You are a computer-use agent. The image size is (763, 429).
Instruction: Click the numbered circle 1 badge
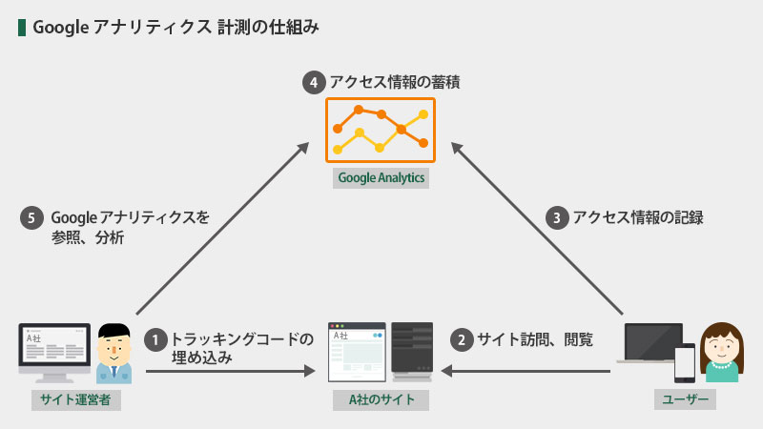pyautogui.click(x=155, y=340)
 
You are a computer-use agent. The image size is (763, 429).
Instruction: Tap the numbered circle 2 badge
pyautogui.click(x=462, y=340)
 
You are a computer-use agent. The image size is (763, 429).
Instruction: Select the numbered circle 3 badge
pyautogui.click(x=557, y=218)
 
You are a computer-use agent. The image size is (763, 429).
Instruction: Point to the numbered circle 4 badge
pyautogui.click(x=314, y=83)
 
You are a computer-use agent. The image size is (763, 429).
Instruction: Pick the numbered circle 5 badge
pyautogui.click(x=31, y=218)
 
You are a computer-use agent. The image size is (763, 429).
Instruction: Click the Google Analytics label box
pyautogui.click(x=381, y=178)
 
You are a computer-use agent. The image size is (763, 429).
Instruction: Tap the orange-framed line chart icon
pyautogui.click(x=381, y=130)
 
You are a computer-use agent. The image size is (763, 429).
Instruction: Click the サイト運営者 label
pyautogui.click(x=76, y=399)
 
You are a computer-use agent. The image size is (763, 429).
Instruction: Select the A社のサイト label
pyautogui.click(x=381, y=399)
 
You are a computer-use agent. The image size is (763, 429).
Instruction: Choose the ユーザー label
pyautogui.click(x=685, y=399)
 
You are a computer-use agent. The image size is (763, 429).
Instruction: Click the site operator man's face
pyautogui.click(x=113, y=349)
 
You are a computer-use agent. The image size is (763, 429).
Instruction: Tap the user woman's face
pyautogui.click(x=722, y=348)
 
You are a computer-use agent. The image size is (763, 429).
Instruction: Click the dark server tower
pyautogui.click(x=412, y=351)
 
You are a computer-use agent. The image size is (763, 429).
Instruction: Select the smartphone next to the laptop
pyautogui.click(x=685, y=363)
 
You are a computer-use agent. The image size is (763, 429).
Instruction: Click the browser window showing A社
pyautogui.click(x=357, y=352)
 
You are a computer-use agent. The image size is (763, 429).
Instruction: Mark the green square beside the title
pyautogui.click(x=22, y=28)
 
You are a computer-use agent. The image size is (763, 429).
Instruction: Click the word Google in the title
pyautogui.click(x=60, y=28)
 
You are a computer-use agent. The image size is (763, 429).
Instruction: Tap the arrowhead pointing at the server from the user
pyautogui.click(x=446, y=371)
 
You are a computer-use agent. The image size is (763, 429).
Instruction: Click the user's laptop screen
pyautogui.click(x=653, y=342)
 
